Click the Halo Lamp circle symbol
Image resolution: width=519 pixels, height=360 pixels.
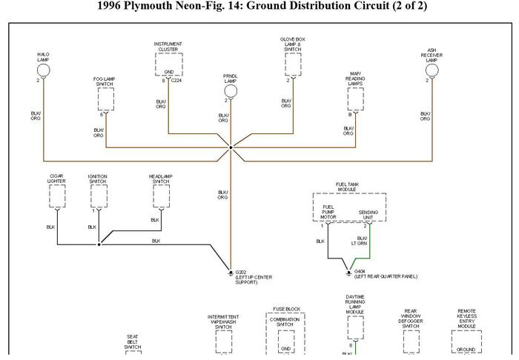pos(44,70)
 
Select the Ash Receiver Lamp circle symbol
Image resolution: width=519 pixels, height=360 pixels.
pos(432,70)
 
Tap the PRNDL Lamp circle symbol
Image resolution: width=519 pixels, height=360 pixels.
pos(231,91)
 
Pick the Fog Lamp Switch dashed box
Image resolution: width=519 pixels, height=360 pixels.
pos(105,99)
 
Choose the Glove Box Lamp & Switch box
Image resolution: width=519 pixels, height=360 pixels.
pos(292,64)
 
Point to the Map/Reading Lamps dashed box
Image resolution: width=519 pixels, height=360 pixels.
pos(355,99)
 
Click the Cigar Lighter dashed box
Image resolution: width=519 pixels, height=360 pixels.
pos(56,196)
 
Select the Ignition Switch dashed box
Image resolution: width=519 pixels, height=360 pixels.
pos(98,196)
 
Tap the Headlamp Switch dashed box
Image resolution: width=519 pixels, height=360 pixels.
pos(161,196)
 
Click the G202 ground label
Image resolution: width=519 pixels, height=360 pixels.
pos(241,272)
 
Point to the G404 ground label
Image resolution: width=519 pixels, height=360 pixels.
pos(360,272)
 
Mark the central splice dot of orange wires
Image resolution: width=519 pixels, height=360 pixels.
pos(231,147)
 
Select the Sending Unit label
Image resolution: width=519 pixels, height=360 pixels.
pos(367,215)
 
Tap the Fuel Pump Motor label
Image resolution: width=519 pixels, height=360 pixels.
pos(328,213)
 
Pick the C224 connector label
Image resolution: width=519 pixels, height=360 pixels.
pos(176,80)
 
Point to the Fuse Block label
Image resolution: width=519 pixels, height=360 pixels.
pos(286,309)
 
